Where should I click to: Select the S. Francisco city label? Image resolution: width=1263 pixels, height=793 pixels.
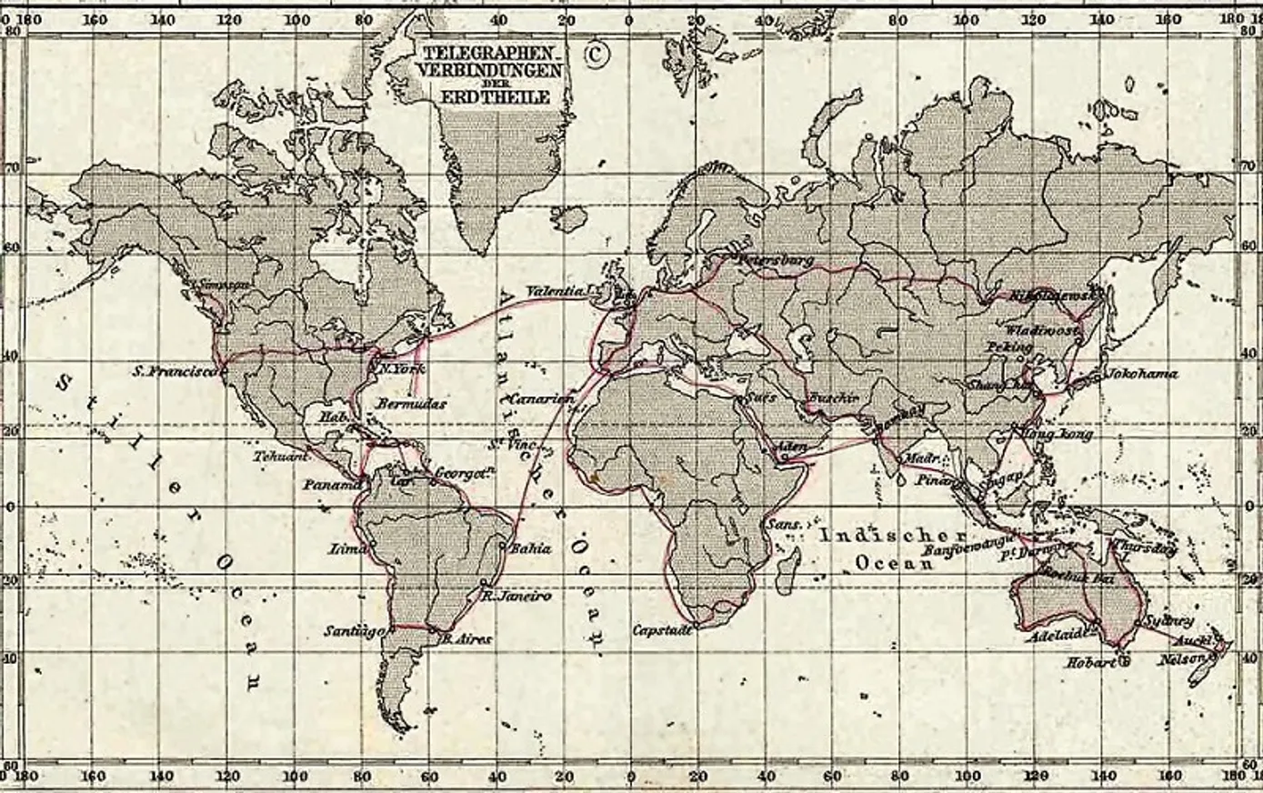(x=175, y=371)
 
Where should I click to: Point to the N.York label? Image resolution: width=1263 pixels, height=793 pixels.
(x=402, y=368)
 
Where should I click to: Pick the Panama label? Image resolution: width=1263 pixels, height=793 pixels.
(x=332, y=486)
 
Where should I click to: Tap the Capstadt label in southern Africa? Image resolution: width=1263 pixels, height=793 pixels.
(x=664, y=629)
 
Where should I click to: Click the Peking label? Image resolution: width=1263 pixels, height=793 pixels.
(x=1009, y=347)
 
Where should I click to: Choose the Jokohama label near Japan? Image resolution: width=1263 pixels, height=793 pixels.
(x=1141, y=373)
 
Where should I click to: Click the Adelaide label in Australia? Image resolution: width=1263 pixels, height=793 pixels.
(x=1055, y=636)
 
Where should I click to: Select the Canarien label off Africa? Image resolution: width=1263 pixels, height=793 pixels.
(x=541, y=398)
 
